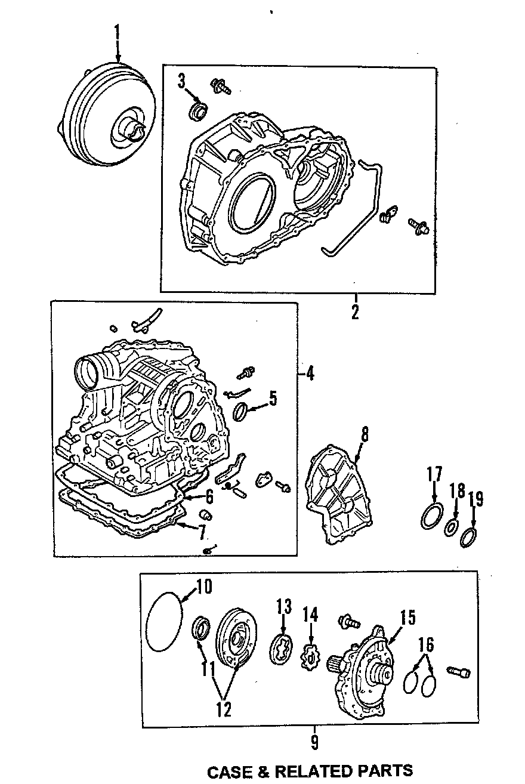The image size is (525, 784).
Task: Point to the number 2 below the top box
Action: point(356,312)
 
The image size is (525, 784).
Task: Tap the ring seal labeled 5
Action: point(240,411)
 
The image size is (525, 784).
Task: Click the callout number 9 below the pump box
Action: point(314,742)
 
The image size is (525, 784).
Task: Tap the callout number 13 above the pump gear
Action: point(283,608)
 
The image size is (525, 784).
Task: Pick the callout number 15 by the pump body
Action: point(407,618)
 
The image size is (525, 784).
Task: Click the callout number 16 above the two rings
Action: point(427,645)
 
